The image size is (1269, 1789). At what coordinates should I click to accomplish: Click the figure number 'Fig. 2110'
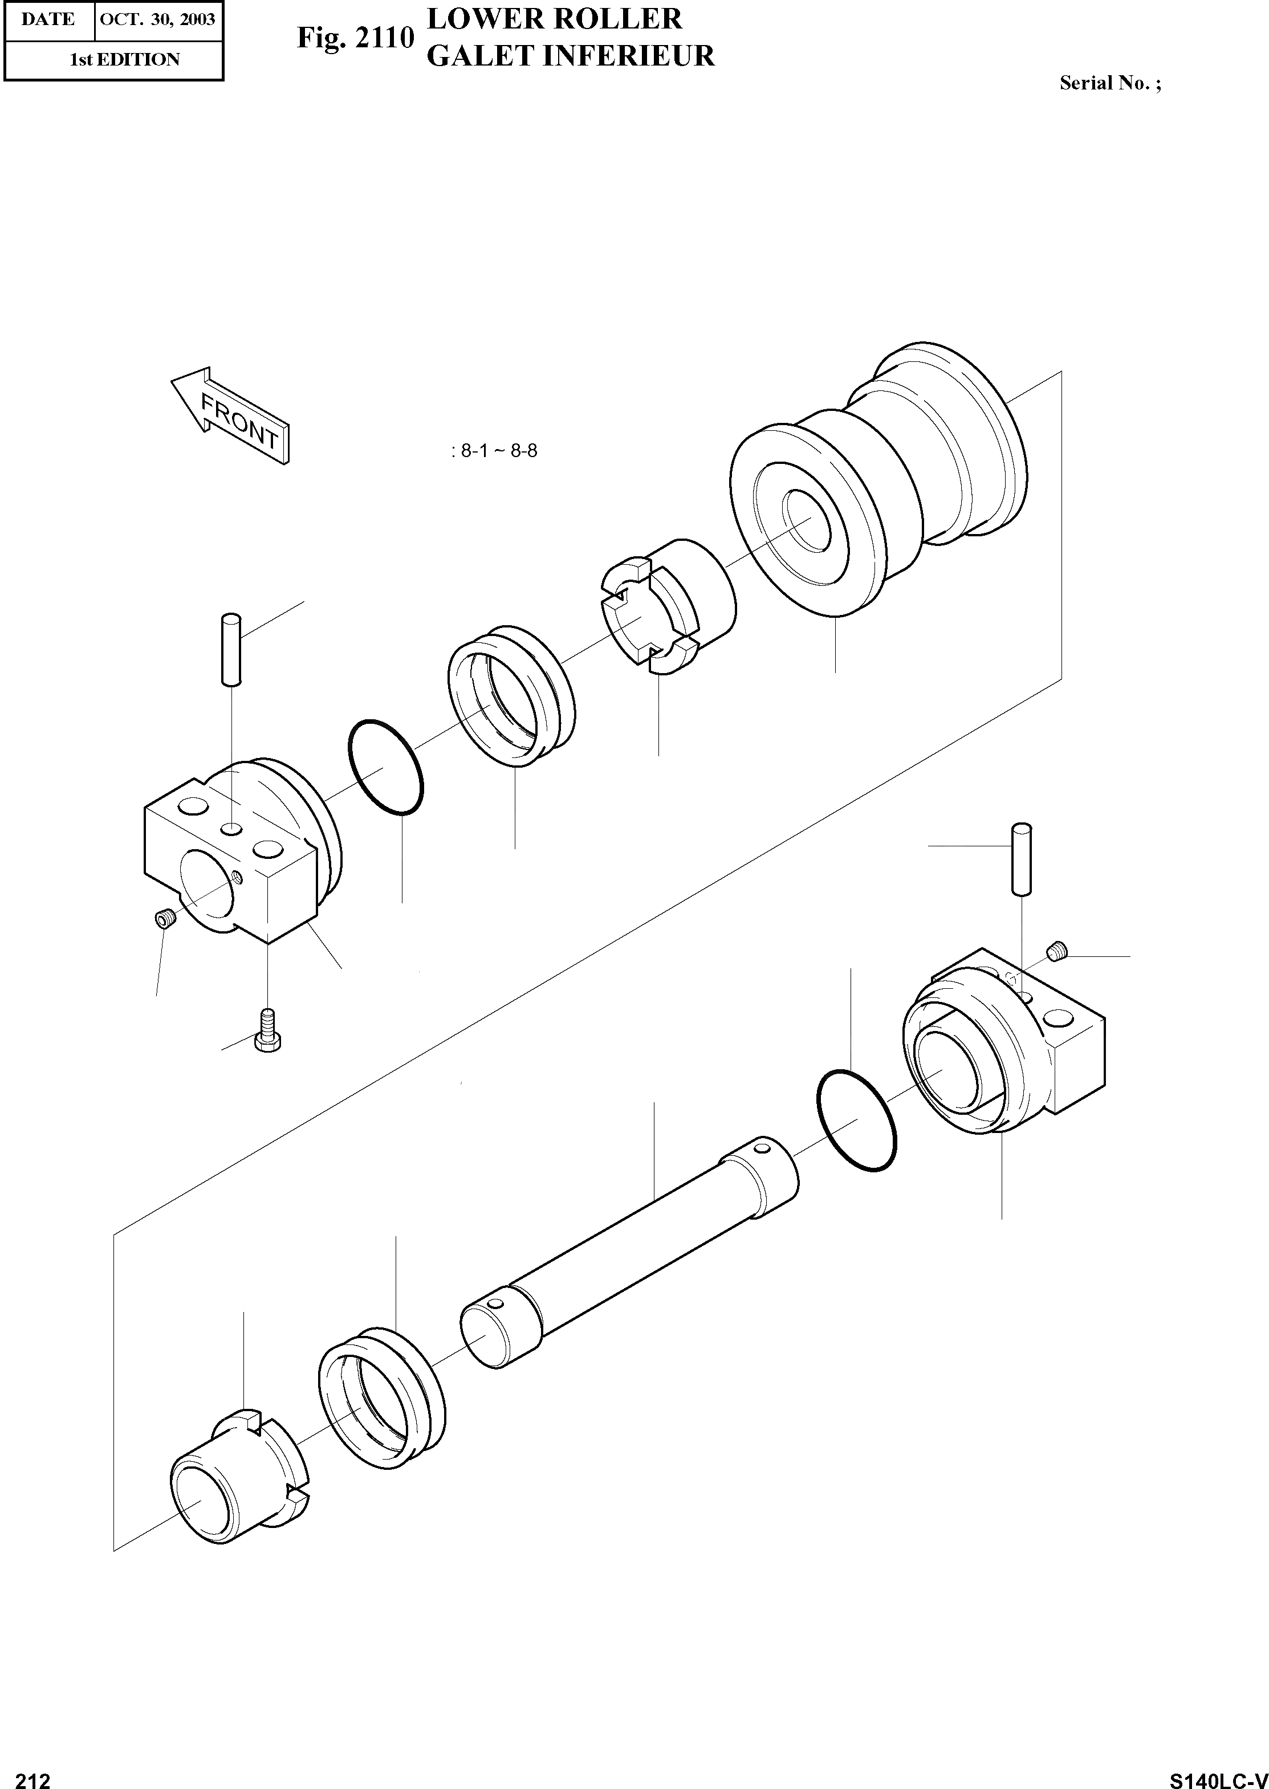coord(355,38)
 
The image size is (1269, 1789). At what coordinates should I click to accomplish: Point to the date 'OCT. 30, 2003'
coord(158,19)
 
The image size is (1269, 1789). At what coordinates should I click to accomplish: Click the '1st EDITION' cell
coord(124,59)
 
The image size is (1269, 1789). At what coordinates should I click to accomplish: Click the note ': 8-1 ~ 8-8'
coord(494,451)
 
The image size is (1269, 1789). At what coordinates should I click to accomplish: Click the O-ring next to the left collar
coord(385,768)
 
